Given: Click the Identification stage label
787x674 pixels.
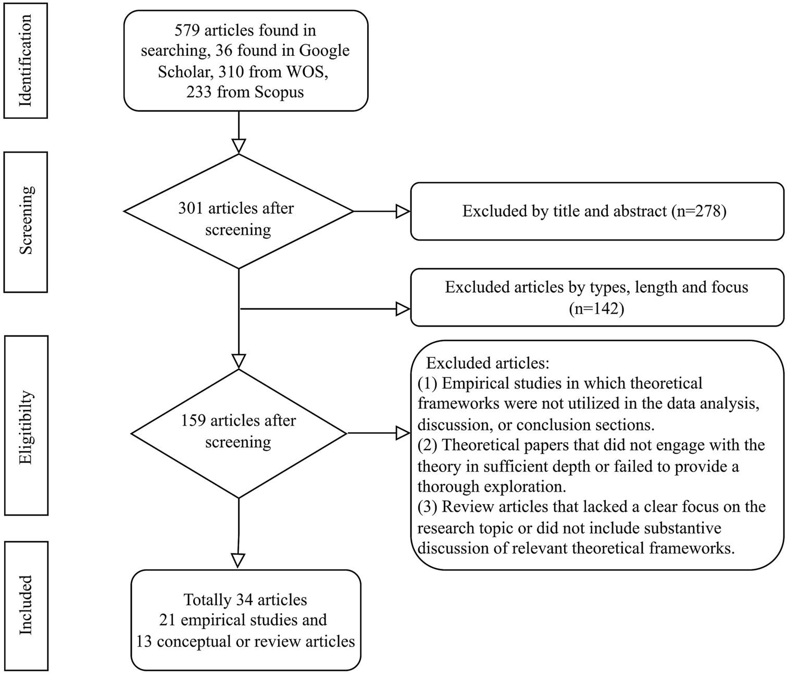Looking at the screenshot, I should pyautogui.click(x=26, y=60).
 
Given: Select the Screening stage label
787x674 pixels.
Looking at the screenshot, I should pyautogui.click(x=26, y=221).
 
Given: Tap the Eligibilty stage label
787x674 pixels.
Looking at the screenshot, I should pyautogui.click(x=26, y=426).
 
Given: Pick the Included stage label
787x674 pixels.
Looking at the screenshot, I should pyautogui.click(x=26, y=605).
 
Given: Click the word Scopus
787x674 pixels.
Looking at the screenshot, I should pyautogui.click(x=280, y=92).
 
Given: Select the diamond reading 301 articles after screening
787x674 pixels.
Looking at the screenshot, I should pyautogui.click(x=238, y=211).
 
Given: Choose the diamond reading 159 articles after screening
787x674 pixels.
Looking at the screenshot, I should pyautogui.click(x=238, y=432).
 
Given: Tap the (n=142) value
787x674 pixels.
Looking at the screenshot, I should pyautogui.click(x=596, y=308).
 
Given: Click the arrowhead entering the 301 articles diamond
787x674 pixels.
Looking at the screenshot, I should pyautogui.click(x=238, y=146).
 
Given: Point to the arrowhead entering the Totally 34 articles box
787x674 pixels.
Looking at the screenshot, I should pyautogui.click(x=238, y=560).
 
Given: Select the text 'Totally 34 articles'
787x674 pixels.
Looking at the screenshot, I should pyautogui.click(x=245, y=600).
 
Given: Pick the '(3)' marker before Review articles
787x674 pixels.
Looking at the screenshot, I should pyautogui.click(x=429, y=507).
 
